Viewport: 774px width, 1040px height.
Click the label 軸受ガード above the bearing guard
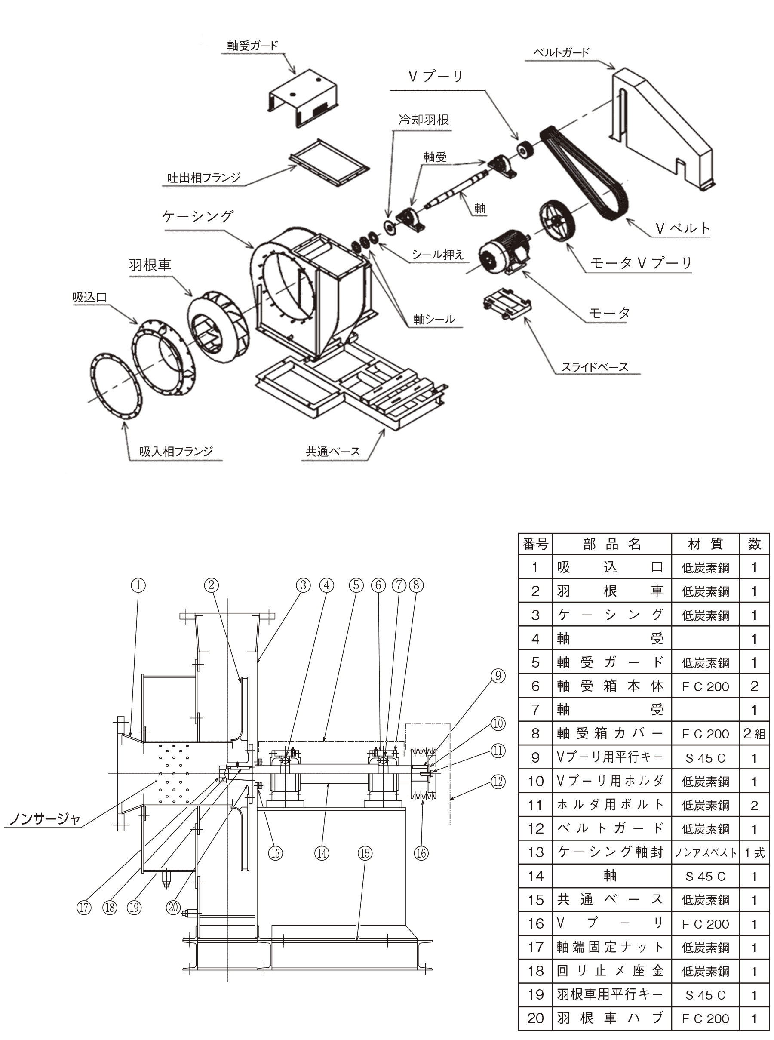(x=252, y=46)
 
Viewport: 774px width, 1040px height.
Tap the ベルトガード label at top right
(x=561, y=53)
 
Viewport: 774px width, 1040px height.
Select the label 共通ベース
(x=333, y=452)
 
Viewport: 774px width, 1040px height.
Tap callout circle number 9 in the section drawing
(x=498, y=676)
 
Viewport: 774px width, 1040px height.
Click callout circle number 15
(x=365, y=853)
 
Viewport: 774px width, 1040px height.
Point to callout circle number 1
(x=138, y=585)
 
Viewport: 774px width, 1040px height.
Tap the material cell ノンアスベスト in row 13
(x=705, y=853)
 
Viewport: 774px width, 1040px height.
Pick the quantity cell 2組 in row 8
(x=754, y=734)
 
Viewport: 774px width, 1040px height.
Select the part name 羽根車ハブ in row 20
(x=611, y=1018)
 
